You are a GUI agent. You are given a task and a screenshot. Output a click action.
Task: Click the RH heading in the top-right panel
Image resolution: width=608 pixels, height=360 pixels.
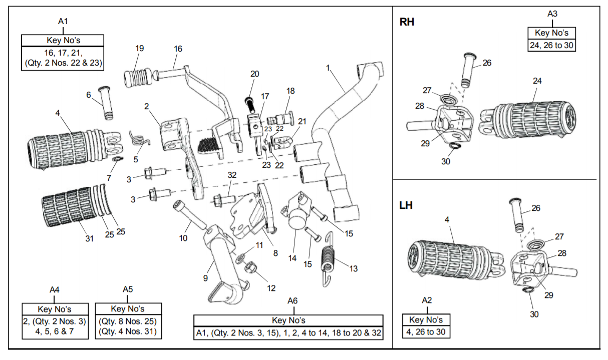coord(407,22)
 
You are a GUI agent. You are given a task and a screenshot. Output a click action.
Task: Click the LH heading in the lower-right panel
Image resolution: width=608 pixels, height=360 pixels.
coord(406,205)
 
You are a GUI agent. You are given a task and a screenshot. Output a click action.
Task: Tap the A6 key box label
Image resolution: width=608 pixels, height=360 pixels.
coord(292,300)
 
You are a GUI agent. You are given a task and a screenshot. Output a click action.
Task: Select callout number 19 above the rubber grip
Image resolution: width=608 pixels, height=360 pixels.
coord(140,49)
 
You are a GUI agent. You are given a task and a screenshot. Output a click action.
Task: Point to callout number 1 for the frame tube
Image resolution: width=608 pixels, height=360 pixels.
coord(329,67)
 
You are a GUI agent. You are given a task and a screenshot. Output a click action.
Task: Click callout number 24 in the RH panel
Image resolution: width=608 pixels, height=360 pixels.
coord(537,81)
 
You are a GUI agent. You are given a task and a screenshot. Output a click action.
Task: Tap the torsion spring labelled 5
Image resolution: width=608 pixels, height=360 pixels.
coord(139,139)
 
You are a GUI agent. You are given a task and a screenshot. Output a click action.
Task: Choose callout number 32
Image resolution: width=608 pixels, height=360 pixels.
coord(231,175)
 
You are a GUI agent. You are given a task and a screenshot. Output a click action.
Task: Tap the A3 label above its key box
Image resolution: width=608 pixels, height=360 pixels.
coord(552,14)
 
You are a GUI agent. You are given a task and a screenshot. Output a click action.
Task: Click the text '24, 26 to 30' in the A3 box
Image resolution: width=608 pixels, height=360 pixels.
coord(552,45)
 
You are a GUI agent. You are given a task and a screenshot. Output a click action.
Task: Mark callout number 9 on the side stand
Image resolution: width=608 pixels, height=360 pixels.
coord(205,278)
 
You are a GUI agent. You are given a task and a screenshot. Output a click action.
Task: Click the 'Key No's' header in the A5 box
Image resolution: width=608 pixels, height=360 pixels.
coord(128,309)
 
